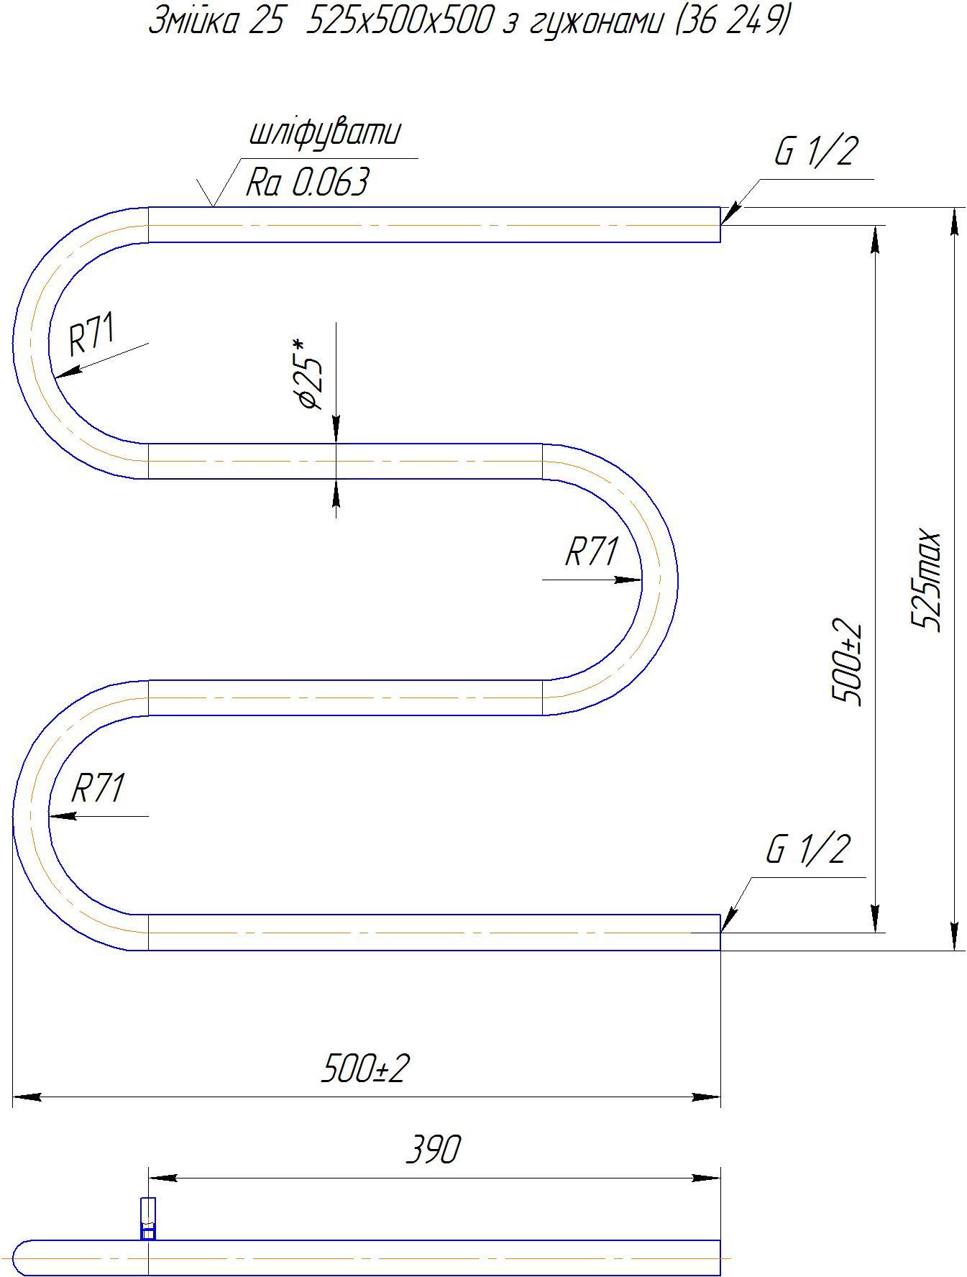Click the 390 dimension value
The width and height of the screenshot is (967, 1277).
(433, 1150)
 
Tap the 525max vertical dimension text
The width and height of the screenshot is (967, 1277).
(926, 582)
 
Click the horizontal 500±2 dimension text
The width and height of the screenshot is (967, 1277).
(365, 1068)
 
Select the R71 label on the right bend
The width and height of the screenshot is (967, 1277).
(591, 551)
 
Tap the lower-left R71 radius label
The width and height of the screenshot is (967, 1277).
(98, 788)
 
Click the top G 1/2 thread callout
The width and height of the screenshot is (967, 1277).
(816, 152)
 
